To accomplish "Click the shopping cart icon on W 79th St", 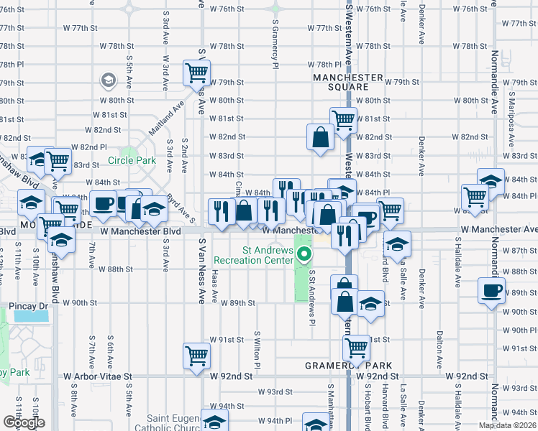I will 196,72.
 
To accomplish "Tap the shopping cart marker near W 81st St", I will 344,119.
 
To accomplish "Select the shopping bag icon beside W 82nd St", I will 319,136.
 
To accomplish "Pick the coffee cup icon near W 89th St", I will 492,290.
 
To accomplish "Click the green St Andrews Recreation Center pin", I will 305,254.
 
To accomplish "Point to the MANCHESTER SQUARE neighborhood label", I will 347,82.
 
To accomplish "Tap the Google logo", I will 24,422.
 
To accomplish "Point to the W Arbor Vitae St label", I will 99,376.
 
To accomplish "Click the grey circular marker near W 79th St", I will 109,79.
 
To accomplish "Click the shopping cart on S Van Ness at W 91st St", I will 196,354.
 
